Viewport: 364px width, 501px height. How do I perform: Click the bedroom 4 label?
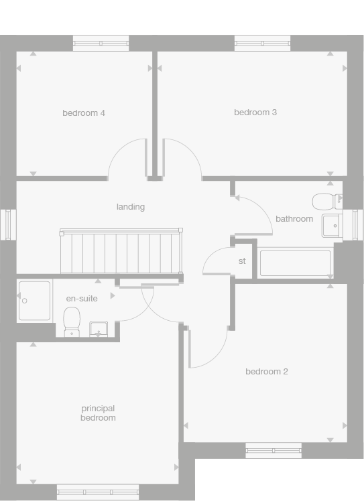point(84,113)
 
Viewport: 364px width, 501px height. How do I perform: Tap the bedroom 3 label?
point(255,113)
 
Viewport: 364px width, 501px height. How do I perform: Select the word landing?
point(131,207)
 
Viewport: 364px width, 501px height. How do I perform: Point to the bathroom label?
point(294,219)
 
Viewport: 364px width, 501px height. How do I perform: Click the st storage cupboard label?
point(242,261)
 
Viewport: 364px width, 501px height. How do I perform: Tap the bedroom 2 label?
point(267,372)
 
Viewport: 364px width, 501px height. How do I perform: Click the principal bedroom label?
point(99,413)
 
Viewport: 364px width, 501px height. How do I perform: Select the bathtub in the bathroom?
point(296,263)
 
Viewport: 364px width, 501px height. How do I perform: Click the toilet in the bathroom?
point(326,201)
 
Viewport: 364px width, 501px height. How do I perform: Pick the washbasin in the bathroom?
point(331,226)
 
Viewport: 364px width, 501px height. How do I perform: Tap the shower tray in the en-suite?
point(35,300)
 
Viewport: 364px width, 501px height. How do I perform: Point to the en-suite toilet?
point(72,321)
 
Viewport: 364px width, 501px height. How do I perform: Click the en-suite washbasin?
point(99,329)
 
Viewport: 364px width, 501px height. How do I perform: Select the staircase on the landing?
point(121,252)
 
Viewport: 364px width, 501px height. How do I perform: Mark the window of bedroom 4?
point(100,44)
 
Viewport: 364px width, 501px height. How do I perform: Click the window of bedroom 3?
point(262,44)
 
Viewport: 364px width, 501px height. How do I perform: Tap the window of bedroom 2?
point(274,451)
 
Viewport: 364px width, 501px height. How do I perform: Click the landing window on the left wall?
point(9,224)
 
